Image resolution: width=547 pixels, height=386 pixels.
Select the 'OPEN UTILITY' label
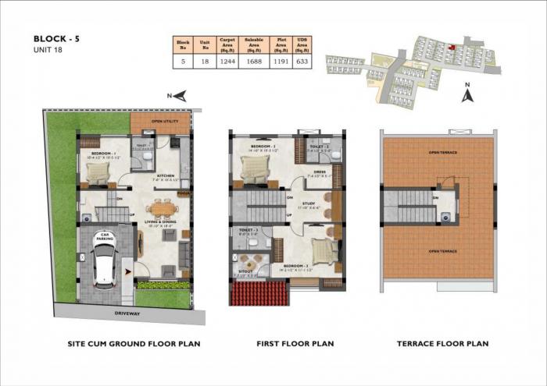(x=166, y=122)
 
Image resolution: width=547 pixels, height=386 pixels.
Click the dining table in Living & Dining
(x=162, y=208)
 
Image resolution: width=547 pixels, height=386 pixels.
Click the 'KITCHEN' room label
(x=165, y=175)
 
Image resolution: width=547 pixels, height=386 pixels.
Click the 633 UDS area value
(x=302, y=62)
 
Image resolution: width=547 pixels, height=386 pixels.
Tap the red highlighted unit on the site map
(x=451, y=45)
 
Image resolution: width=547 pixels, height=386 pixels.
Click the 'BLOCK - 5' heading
(x=58, y=37)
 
